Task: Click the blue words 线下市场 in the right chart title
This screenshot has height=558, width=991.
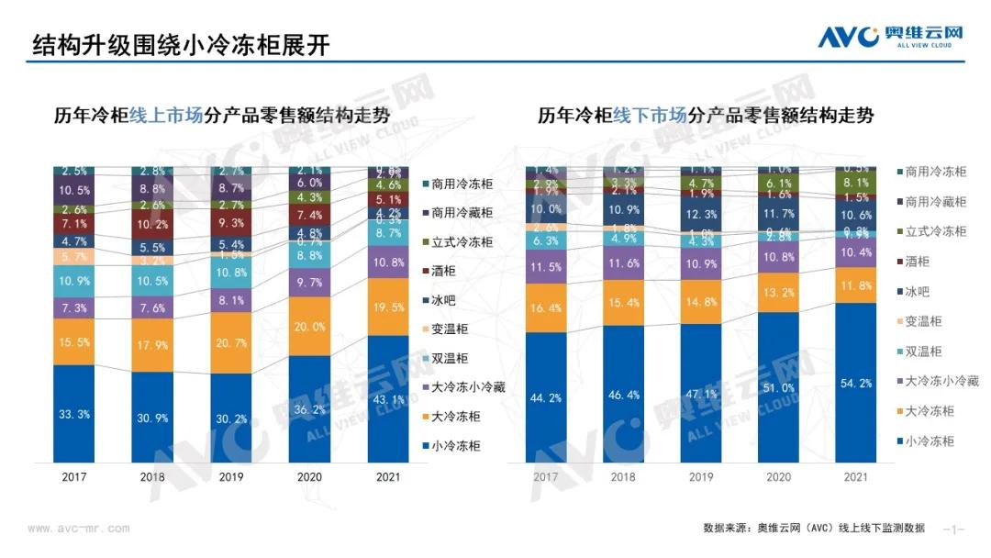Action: (x=650, y=116)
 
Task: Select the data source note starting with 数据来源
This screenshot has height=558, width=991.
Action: (x=814, y=529)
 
